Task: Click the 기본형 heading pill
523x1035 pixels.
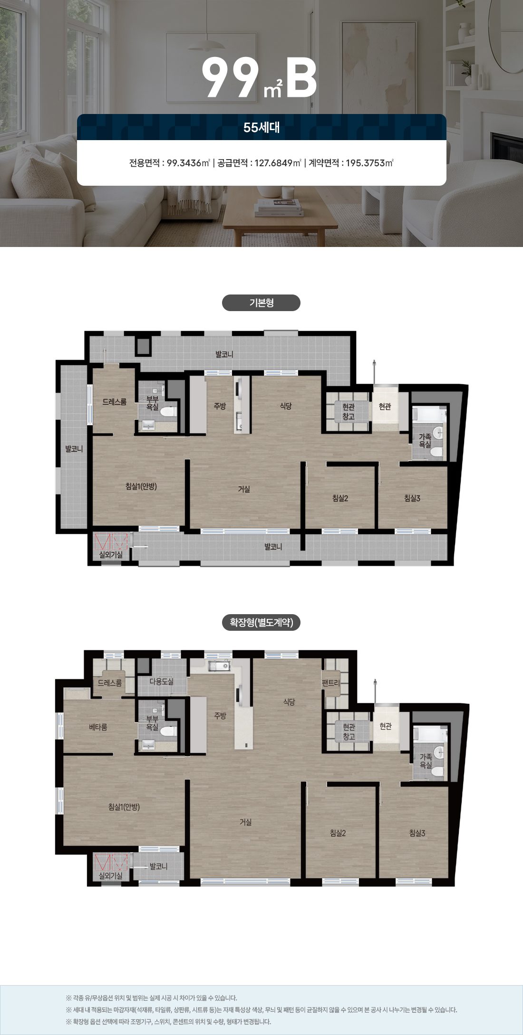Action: pos(261,303)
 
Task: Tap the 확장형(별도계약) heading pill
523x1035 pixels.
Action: pos(261,622)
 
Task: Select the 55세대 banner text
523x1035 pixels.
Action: pos(261,127)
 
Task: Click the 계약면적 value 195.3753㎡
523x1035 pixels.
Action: pos(369,163)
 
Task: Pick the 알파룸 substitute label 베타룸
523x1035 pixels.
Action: pos(98,727)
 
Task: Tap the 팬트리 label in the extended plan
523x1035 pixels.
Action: pos(331,683)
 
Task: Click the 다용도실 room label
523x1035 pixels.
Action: pos(162,681)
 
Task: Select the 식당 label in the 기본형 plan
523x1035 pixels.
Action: pos(285,406)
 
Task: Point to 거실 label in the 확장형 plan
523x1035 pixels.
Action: pos(245,822)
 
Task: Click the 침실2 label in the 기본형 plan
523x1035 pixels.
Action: pos(340,498)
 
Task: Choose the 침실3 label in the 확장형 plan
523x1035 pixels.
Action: pos(417,833)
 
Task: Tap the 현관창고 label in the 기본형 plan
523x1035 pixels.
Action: pos(349,412)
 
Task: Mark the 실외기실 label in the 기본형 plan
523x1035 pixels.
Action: pos(110,554)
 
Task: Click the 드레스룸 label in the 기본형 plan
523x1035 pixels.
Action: pos(114,402)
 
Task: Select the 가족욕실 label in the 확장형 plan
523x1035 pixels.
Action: pos(426,761)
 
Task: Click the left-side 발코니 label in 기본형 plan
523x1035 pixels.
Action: pos(74,448)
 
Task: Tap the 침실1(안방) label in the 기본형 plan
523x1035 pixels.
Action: pos(141,486)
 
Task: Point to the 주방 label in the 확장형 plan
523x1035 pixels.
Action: pos(220,715)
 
